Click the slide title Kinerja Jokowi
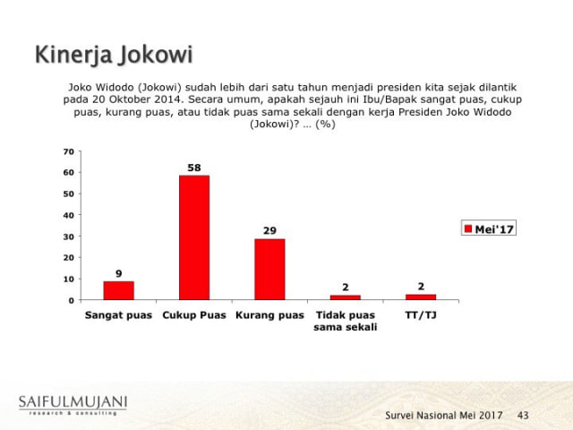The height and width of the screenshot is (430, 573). click(113, 55)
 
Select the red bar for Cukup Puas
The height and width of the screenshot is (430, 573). click(194, 237)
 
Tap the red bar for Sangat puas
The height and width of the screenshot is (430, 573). click(118, 290)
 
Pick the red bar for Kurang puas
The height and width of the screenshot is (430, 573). click(269, 269)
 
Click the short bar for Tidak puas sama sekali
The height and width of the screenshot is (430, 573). click(345, 297)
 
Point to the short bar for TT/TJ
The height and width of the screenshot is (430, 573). click(420, 297)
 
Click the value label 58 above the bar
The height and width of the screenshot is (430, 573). click(194, 168)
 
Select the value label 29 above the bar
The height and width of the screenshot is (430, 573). click(269, 230)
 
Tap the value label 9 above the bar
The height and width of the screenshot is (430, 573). click(118, 272)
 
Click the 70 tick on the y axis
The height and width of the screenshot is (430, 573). click(69, 151)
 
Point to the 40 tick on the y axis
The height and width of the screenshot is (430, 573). click(69, 215)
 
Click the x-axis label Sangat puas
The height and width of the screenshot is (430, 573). click(119, 315)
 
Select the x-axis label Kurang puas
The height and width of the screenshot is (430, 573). click(269, 315)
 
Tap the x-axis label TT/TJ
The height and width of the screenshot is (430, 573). click(420, 315)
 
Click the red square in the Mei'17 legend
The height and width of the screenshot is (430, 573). click(467, 229)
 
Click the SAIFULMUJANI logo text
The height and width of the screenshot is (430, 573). click(73, 400)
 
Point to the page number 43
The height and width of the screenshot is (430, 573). click(523, 416)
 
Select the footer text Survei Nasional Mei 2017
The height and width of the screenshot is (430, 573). click(443, 416)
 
